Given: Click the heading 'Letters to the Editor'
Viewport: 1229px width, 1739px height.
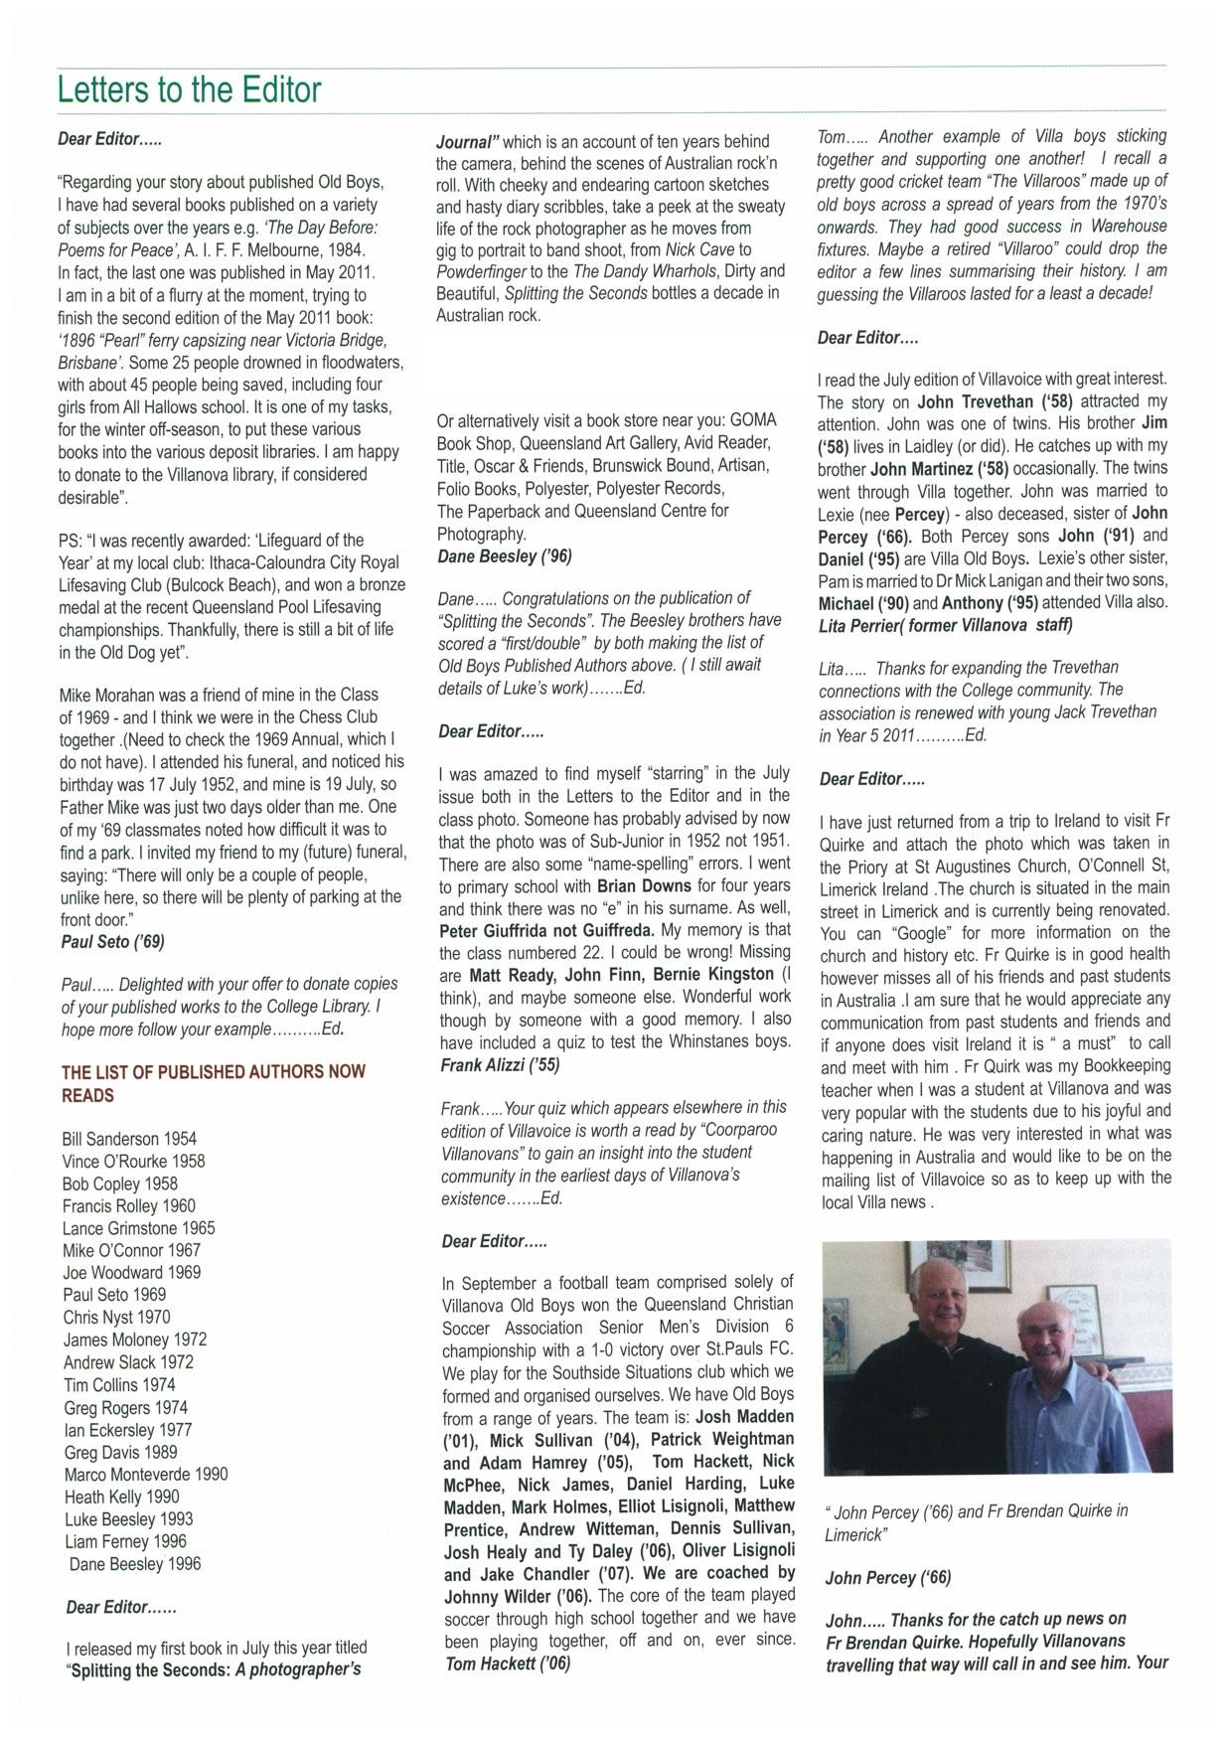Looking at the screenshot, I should tap(189, 90).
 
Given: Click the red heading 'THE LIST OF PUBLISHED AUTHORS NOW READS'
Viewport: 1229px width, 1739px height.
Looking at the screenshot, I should tap(213, 1083).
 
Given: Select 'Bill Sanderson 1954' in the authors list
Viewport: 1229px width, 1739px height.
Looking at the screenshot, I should tap(129, 1139).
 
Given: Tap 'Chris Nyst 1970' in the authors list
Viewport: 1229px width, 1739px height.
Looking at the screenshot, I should tap(116, 1318).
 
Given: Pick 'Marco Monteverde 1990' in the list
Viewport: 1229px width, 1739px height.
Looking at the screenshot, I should tap(146, 1475).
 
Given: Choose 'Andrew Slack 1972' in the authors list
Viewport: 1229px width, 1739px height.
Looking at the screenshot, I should tap(128, 1362).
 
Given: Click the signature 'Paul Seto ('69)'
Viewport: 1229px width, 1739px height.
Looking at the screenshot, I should tap(112, 942).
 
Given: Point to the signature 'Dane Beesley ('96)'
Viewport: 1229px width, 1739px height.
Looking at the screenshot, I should tap(505, 556).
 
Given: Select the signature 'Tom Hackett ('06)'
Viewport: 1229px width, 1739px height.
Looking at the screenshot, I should tap(507, 1663).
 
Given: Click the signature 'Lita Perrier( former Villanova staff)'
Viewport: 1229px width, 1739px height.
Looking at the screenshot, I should tap(945, 626).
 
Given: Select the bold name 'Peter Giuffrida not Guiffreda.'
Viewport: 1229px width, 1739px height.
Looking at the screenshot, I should tap(546, 930).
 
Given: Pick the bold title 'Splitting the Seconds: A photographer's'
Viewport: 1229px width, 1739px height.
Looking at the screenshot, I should tap(213, 1669).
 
